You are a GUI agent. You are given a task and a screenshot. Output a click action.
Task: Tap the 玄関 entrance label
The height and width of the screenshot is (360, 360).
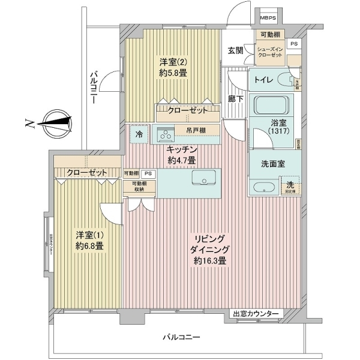[235, 51]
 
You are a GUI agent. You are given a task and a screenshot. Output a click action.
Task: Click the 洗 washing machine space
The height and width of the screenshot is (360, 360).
[290, 187]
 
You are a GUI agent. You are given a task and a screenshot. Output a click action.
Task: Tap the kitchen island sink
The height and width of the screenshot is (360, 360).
[205, 178]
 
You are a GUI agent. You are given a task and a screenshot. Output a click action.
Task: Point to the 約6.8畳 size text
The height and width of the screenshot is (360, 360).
[89, 246]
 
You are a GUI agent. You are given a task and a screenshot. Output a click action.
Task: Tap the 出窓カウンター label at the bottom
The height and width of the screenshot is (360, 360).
[256, 314]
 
